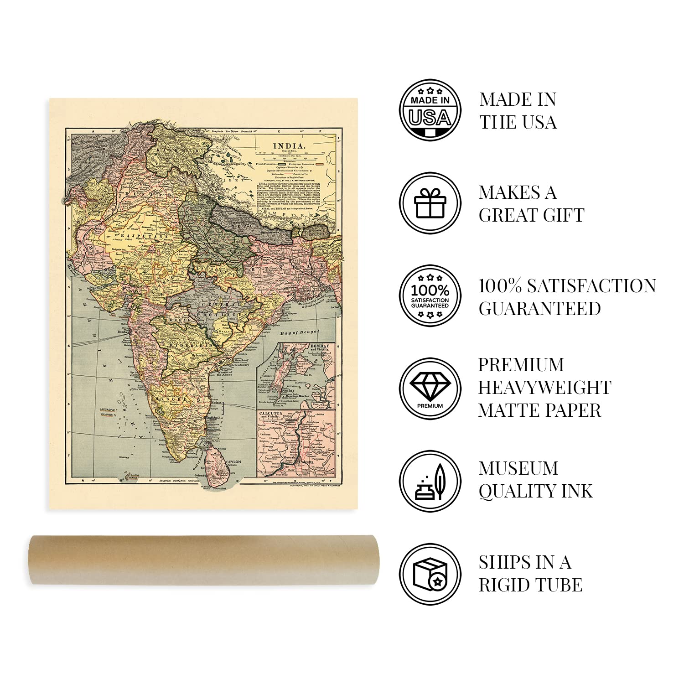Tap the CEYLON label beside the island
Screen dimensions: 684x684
coord(233,461)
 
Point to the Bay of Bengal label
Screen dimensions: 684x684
coord(299,333)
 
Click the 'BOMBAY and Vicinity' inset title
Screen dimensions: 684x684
coord(320,347)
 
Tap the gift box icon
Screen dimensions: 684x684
coord(430,203)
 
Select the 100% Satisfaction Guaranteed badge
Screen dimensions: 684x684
coord(430,296)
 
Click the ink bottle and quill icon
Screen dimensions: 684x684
coord(430,482)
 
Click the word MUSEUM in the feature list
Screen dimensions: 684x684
coord(518,468)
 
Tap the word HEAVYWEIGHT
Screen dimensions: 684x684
coord(544,388)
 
